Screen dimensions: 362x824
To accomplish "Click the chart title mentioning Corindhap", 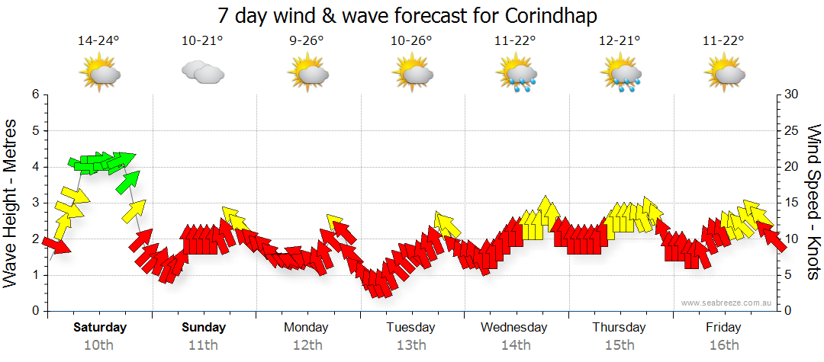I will pos(407,15).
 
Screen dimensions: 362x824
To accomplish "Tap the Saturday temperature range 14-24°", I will pos(99,40).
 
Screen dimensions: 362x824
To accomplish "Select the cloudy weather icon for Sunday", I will pos(202,72).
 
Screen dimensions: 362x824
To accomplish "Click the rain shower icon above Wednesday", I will pos(515,75).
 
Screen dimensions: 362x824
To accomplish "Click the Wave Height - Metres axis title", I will pos(11,202).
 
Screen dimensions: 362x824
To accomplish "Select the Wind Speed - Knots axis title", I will pos(813,202).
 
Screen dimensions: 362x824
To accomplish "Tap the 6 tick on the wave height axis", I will pos(35,95).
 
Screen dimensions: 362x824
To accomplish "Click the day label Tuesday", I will pos(410,328).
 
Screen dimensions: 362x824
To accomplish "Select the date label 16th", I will pos(723,345).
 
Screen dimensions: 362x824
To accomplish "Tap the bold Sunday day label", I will pos(204,328).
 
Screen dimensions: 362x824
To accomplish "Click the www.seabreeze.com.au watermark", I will pos(727,303).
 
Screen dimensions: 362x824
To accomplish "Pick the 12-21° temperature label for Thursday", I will pos(619,40).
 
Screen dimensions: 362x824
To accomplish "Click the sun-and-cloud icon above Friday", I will pos(723,74).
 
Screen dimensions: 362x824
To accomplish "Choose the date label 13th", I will pos(410,345).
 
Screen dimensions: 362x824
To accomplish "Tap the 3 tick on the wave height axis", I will pos(35,203).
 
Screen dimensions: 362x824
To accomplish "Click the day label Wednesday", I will pos(514,328).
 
